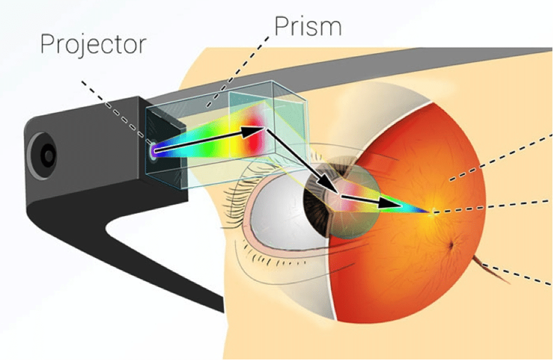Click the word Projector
pos(93,44)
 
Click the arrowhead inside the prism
pos(256,128)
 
